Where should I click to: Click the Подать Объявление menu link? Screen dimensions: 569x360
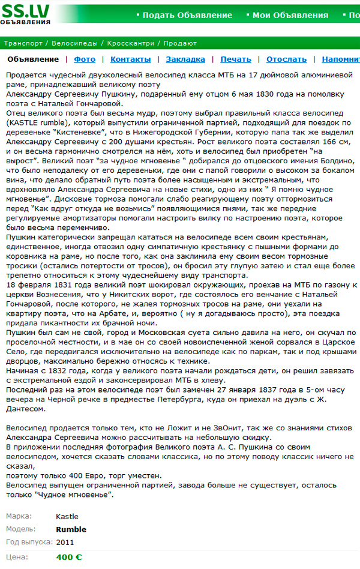pos(187,16)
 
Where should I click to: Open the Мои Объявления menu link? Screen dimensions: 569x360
pos(290,16)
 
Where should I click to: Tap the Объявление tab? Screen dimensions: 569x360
pos(33,59)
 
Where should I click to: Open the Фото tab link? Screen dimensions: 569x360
pos(85,59)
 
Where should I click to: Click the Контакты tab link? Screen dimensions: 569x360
pos(131,59)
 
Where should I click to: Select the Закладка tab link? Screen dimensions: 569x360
pos(185,59)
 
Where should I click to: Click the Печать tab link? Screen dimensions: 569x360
pos(236,59)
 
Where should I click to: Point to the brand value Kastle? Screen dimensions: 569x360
pos(67,517)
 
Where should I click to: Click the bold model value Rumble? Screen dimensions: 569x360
pos(71,529)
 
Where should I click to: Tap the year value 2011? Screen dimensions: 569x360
pos(65,542)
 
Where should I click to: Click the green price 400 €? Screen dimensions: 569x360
pos(69,557)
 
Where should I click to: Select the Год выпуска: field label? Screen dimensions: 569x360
pos(29,542)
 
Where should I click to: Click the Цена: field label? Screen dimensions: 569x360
pos(16,557)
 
